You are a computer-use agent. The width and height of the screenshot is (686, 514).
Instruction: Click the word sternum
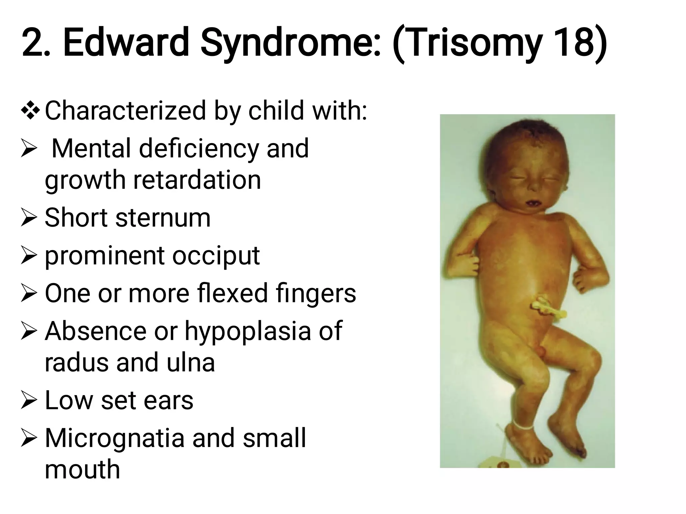point(163,218)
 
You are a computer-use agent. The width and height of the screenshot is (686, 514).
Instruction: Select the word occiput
point(216,256)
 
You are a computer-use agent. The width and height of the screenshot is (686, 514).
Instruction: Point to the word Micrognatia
point(114,438)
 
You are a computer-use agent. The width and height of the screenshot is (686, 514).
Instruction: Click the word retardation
point(197,180)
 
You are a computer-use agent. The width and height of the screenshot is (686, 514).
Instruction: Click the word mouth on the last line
point(82,469)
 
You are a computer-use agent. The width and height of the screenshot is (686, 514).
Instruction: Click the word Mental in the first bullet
point(91,149)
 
